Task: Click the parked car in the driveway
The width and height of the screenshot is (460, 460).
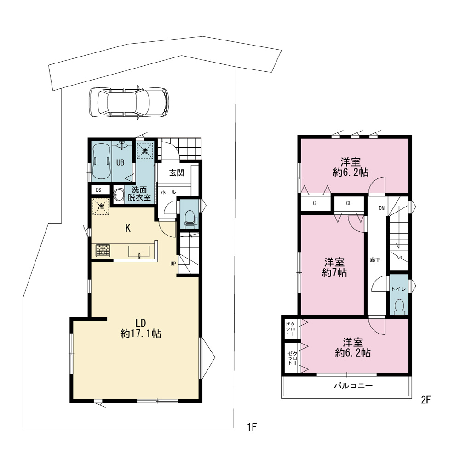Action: pyautogui.click(x=129, y=103)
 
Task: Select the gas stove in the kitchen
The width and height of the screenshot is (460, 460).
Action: pyautogui.click(x=103, y=251)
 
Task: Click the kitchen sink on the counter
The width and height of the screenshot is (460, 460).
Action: pyautogui.click(x=139, y=252)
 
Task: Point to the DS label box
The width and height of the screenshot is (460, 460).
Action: pyautogui.click(x=98, y=190)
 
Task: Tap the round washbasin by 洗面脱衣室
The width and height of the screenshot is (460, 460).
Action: pyautogui.click(x=119, y=194)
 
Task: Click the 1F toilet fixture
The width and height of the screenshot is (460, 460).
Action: pyautogui.click(x=190, y=218)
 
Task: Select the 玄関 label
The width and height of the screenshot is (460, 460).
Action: pyautogui.click(x=177, y=173)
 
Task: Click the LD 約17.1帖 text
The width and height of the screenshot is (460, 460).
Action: pyautogui.click(x=141, y=328)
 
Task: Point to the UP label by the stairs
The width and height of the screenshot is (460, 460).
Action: pyautogui.click(x=173, y=264)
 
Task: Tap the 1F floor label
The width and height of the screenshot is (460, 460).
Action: pyautogui.click(x=252, y=427)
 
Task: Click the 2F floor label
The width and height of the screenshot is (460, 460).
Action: pyautogui.click(x=425, y=400)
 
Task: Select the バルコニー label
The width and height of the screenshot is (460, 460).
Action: pyautogui.click(x=353, y=385)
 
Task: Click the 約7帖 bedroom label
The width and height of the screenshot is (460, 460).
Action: pyautogui.click(x=334, y=267)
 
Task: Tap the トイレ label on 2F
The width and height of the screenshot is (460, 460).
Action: pyautogui.click(x=398, y=289)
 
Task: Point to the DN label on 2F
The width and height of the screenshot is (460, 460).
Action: pyautogui.click(x=381, y=208)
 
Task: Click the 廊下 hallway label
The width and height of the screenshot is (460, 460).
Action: pyautogui.click(x=375, y=259)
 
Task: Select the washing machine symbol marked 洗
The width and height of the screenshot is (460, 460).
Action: pyautogui.click(x=145, y=151)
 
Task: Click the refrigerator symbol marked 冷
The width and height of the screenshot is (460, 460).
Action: pyautogui.click(x=101, y=207)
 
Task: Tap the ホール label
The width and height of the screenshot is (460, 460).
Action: pyautogui.click(x=168, y=192)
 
